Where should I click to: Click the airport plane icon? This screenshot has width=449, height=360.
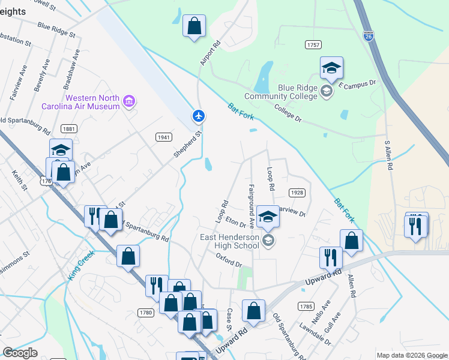[x=199, y=115]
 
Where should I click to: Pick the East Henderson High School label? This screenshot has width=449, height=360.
[x=229, y=241]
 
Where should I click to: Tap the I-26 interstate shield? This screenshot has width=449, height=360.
[x=369, y=36]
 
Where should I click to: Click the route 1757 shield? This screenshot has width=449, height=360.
[x=313, y=45]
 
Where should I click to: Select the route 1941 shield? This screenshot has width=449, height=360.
[x=163, y=137]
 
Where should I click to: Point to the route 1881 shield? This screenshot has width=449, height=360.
[x=68, y=129]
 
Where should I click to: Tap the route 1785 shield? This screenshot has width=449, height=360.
[x=306, y=306]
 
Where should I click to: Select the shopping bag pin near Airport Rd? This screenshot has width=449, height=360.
[x=194, y=26]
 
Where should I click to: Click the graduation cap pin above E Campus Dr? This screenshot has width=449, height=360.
[x=331, y=68]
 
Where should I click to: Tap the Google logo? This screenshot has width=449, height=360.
[x=20, y=353]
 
